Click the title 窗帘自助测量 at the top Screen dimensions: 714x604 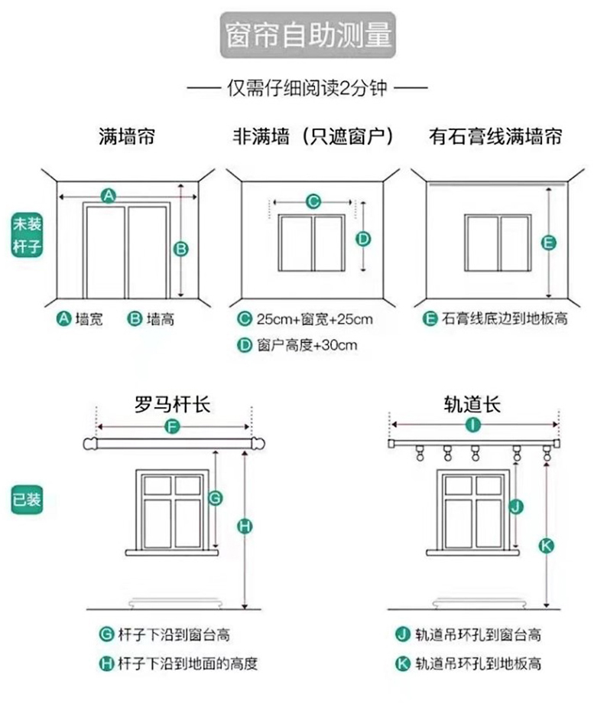coord(309,36)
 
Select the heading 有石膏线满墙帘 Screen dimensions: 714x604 coord(496,137)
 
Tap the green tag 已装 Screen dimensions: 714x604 coord(26,500)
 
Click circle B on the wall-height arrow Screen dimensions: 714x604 coord(181,247)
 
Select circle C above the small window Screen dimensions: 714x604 coord(312,202)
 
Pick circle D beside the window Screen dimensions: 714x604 coord(364,238)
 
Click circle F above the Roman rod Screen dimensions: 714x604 coord(173,427)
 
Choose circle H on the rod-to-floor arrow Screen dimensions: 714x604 coord(245,526)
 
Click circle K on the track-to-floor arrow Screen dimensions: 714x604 coord(546,544)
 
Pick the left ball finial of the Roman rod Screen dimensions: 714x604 coord(89,444)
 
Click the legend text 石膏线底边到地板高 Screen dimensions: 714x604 coord(505,319)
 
